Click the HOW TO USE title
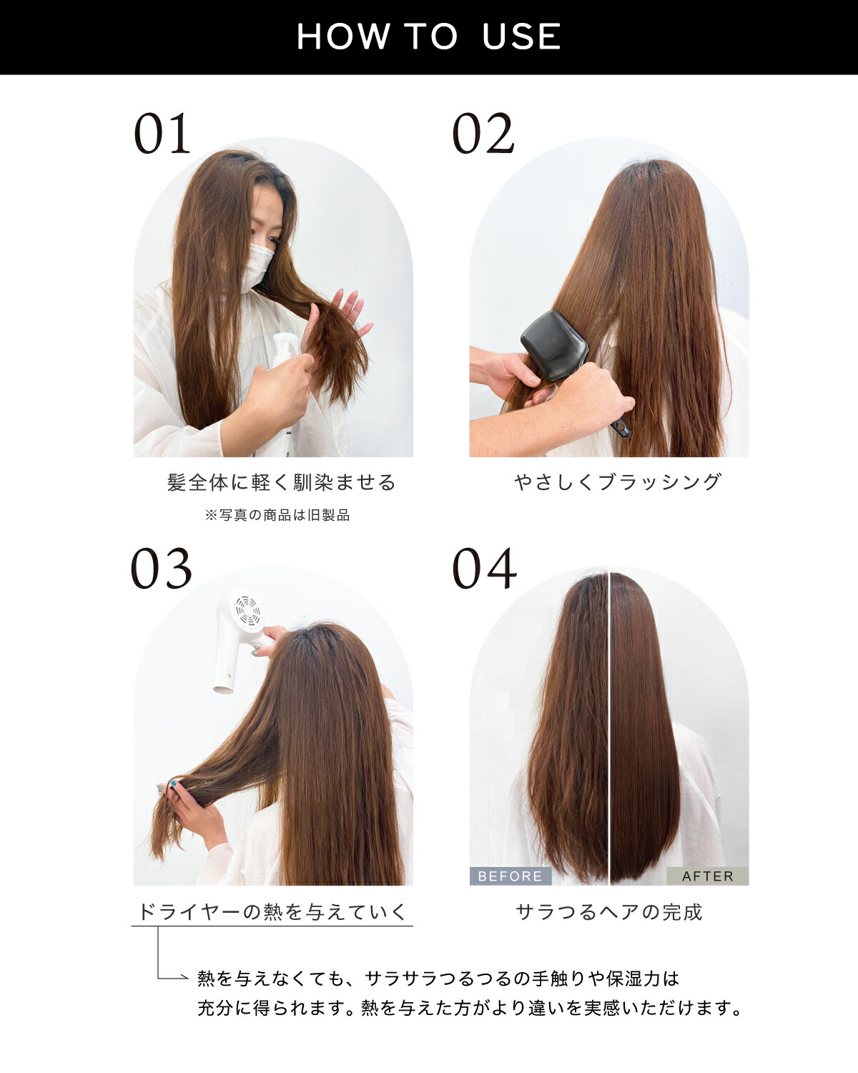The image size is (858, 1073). coord(429,36)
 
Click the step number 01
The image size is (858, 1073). coord(162,133)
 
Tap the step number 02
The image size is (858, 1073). coord(483,133)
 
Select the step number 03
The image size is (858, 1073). coord(161,569)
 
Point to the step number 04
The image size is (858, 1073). coord(484,569)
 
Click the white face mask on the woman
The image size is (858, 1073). coord(257,268)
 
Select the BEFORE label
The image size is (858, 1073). coord(510,876)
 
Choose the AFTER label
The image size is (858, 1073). coord(707,876)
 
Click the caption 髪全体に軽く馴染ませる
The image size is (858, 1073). coord(282,482)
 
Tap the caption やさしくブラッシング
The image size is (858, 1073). coord(618,481)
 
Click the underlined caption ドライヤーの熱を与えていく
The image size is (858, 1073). coord(272,912)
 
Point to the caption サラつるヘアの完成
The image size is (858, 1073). coord(609,912)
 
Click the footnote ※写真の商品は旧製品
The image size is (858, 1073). coord(277,515)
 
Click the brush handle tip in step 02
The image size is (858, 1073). coord(622,429)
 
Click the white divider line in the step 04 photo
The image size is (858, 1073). coord(608,725)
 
